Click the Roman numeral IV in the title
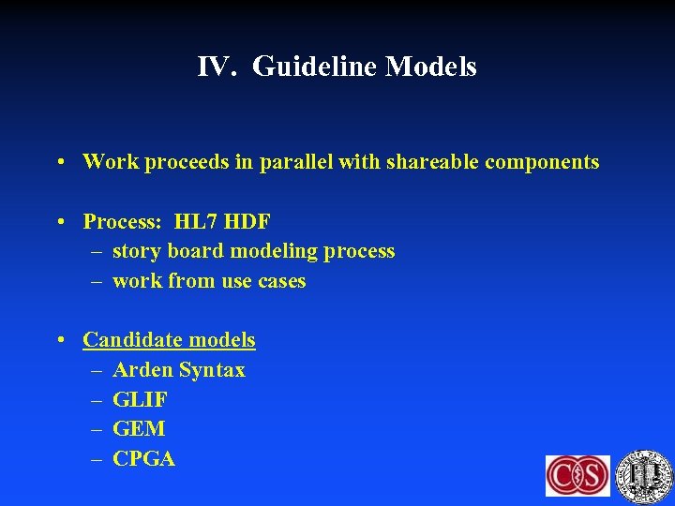coord(215,67)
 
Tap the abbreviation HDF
coord(248,222)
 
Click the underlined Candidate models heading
coord(169,340)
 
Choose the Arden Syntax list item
coord(178,370)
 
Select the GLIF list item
coord(140,400)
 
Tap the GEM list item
coord(139,429)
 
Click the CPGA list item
coord(143,459)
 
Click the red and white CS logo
coord(577,475)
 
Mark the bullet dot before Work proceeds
coord(60,163)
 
